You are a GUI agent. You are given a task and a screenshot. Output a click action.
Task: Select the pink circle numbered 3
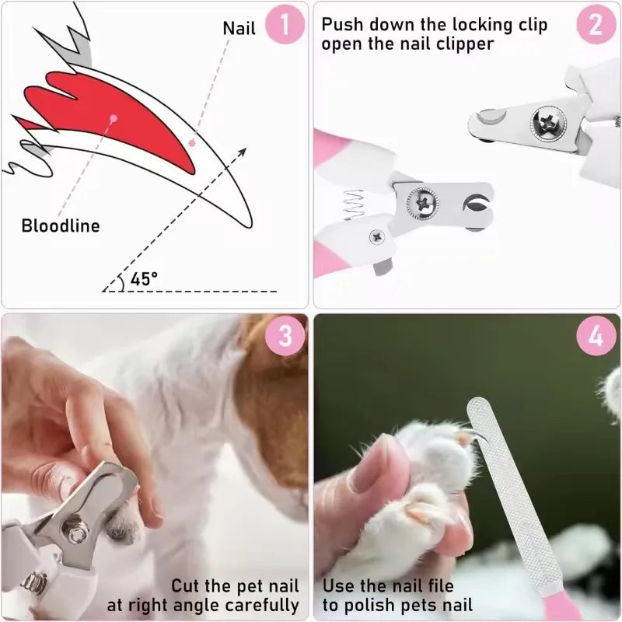click(285, 336)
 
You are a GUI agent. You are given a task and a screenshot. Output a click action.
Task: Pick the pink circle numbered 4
click(596, 336)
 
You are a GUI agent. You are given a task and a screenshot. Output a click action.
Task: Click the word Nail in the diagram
click(239, 28)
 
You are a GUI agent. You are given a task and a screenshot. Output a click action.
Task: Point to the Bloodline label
click(61, 226)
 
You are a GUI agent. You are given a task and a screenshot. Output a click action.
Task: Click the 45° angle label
click(144, 278)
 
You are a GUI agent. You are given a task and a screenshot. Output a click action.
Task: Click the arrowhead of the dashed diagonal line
click(242, 152)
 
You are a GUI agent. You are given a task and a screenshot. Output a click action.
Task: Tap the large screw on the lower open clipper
click(421, 204)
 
